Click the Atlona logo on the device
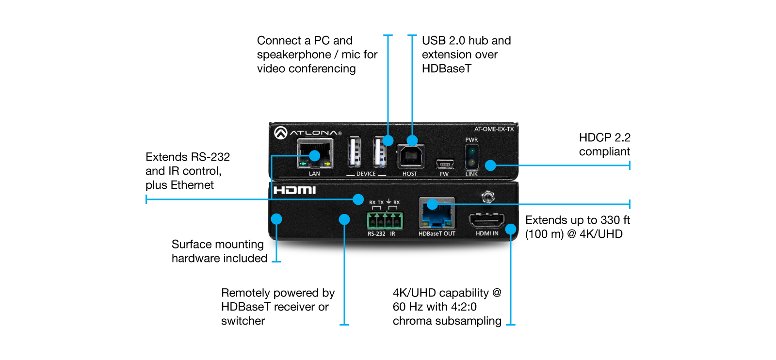307,132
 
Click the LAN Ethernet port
315,154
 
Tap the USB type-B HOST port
411,156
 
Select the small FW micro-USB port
444,164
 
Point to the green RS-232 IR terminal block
385,221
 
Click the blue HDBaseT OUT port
437,213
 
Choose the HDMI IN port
486,221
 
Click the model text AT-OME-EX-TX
494,129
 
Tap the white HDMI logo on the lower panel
294,190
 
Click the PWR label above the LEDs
471,140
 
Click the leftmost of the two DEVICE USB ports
354,152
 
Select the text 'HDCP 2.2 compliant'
604,145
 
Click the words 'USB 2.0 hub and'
466,41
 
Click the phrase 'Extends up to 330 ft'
577,220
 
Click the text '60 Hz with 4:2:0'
435,307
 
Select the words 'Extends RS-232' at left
188,157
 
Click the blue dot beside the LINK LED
490,165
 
